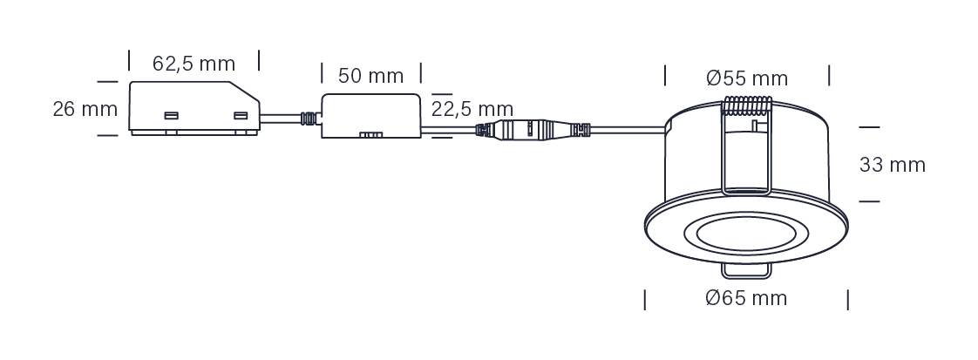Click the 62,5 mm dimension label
coord(194,64)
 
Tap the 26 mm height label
coord(85,109)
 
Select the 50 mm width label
coord(370,76)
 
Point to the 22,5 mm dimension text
coord(472,109)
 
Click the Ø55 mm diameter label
coord(747,78)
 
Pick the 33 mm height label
coord(892,165)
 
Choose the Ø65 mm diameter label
coord(747,297)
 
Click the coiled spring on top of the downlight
coord(747,105)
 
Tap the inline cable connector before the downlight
coord(533,130)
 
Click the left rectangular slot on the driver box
coord(171,115)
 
